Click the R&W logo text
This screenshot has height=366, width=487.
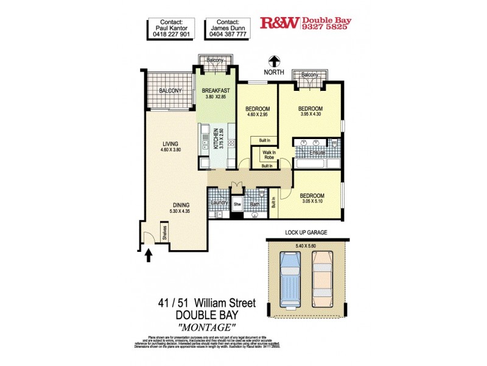[x=279, y=23]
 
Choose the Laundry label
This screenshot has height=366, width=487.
[x=219, y=203]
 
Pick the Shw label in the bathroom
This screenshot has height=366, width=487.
[x=238, y=204]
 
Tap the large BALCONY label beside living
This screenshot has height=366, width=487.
[x=170, y=91]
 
